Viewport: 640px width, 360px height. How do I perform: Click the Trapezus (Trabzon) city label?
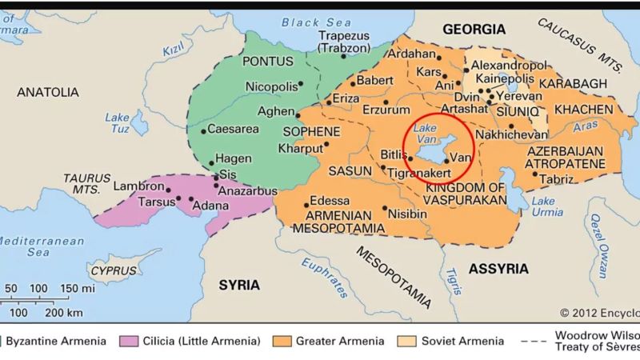click(344, 42)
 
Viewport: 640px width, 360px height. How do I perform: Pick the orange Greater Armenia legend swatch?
click(281, 342)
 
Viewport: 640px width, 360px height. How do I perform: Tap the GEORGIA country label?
click(474, 30)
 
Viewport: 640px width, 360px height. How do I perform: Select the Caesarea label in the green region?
click(235, 130)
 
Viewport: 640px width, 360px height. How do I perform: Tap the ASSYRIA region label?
click(498, 268)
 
